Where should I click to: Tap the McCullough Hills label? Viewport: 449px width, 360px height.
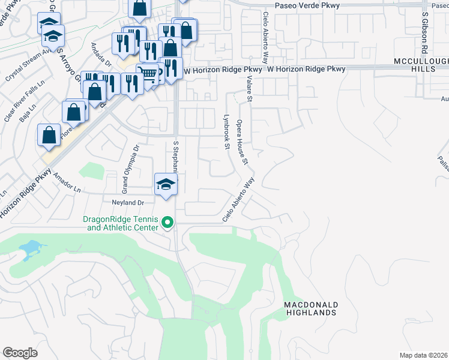point(421,65)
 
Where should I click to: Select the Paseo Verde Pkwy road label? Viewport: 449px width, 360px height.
point(307,5)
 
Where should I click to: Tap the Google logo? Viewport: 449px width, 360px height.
point(20,353)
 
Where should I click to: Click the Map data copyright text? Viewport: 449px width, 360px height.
point(423,355)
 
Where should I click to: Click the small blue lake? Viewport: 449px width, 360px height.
point(30,248)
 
